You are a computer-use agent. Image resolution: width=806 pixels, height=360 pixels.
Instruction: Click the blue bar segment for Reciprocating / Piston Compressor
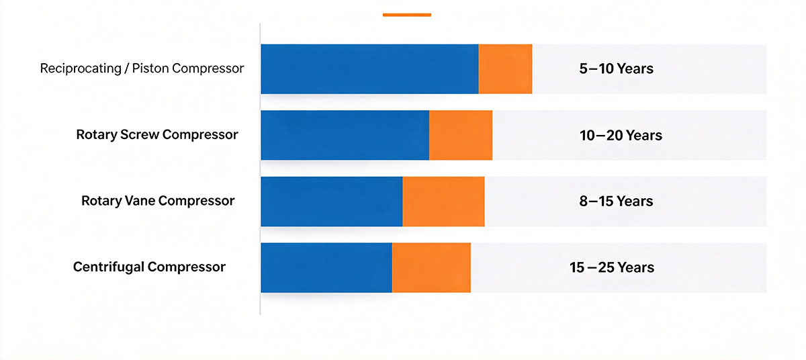[x=369, y=69]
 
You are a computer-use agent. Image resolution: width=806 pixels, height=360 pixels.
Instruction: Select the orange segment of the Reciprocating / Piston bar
[x=505, y=69]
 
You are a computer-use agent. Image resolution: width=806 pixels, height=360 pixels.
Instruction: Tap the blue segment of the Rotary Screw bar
[x=345, y=135]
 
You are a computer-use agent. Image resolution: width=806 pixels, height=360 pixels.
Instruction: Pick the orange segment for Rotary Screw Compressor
[x=461, y=135]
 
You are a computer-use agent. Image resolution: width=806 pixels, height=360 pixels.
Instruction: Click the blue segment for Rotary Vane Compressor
[x=332, y=201]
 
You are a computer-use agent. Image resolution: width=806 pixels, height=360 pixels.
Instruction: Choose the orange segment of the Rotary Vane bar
[x=443, y=201]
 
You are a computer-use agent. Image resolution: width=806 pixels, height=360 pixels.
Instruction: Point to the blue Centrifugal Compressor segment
[x=326, y=267]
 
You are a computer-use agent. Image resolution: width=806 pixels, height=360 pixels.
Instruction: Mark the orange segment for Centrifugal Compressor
[x=431, y=267]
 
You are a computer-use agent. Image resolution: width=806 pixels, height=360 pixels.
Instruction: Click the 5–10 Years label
[x=616, y=69]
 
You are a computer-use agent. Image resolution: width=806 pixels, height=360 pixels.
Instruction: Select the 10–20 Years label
[x=621, y=135]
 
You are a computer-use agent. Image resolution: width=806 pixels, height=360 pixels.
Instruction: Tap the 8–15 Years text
[x=616, y=201]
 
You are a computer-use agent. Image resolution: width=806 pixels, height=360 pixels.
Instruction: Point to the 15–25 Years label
[x=612, y=267]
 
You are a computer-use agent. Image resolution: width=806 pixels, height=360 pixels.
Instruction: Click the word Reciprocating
[x=81, y=69]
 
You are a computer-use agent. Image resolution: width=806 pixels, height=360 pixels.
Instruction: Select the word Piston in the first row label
[x=150, y=69]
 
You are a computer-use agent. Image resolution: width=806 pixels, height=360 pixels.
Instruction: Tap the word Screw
[x=140, y=134]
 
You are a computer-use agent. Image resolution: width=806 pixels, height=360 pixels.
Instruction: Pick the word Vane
[x=139, y=201]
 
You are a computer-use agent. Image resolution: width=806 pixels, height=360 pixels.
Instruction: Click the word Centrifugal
[x=108, y=267]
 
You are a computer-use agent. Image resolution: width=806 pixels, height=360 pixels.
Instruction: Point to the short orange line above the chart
[x=407, y=15]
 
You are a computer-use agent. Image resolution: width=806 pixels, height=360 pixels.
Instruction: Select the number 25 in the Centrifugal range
[x=606, y=267]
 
